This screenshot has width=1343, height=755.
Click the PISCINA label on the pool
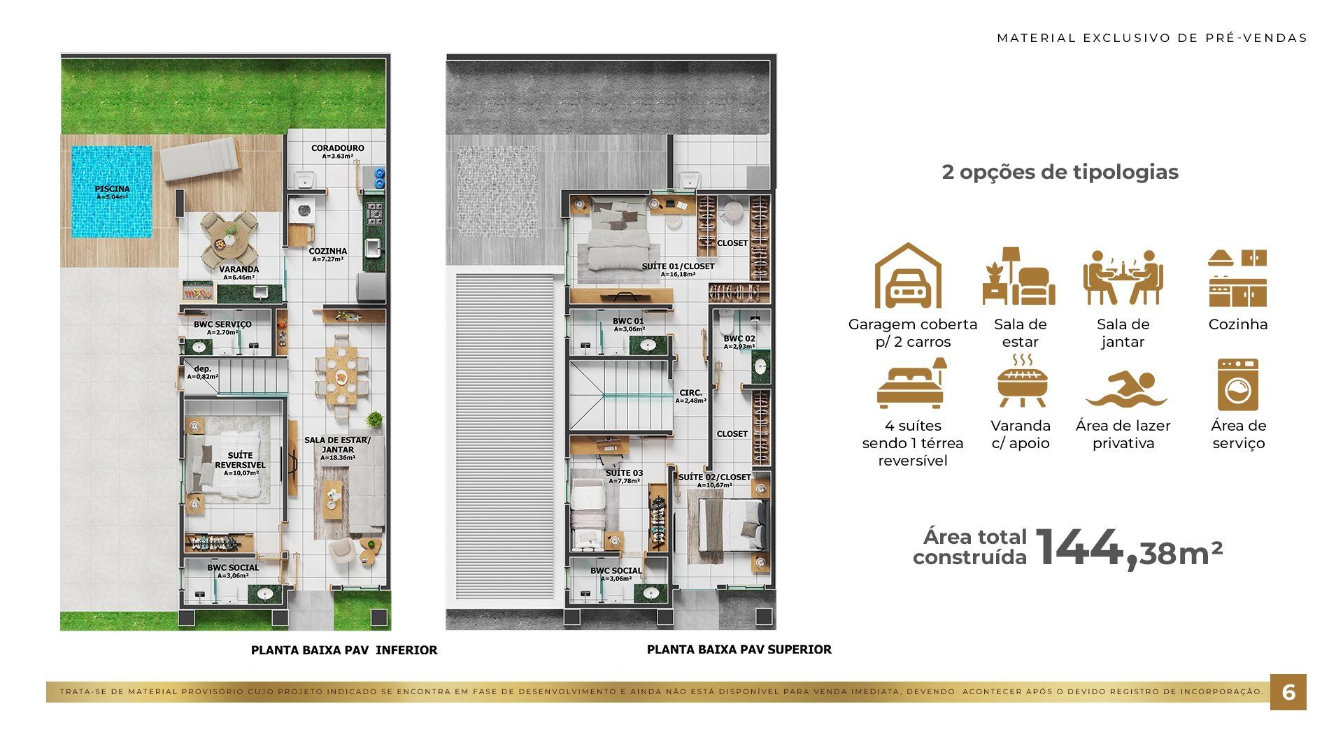point(112,189)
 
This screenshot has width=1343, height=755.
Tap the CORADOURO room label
point(338,148)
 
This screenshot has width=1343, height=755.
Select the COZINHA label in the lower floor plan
point(328,251)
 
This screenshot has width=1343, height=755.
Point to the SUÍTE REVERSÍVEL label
point(240,460)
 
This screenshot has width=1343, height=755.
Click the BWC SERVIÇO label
point(222,324)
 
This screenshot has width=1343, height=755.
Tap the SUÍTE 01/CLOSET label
point(678,266)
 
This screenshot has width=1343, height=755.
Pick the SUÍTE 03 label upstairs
point(624,473)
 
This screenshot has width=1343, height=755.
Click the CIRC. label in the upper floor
point(690,393)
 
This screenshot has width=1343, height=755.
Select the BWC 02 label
point(739,339)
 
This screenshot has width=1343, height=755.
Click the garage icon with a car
point(908,275)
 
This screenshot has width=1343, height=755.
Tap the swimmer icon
point(1126,389)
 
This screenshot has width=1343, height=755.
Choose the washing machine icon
point(1237,384)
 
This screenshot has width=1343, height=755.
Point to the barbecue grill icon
point(1021,381)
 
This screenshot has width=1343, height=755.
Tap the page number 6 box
point(1288,692)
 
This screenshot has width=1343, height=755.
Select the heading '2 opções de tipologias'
point(1060,172)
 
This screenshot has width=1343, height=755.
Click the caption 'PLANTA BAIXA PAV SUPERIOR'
point(739,649)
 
